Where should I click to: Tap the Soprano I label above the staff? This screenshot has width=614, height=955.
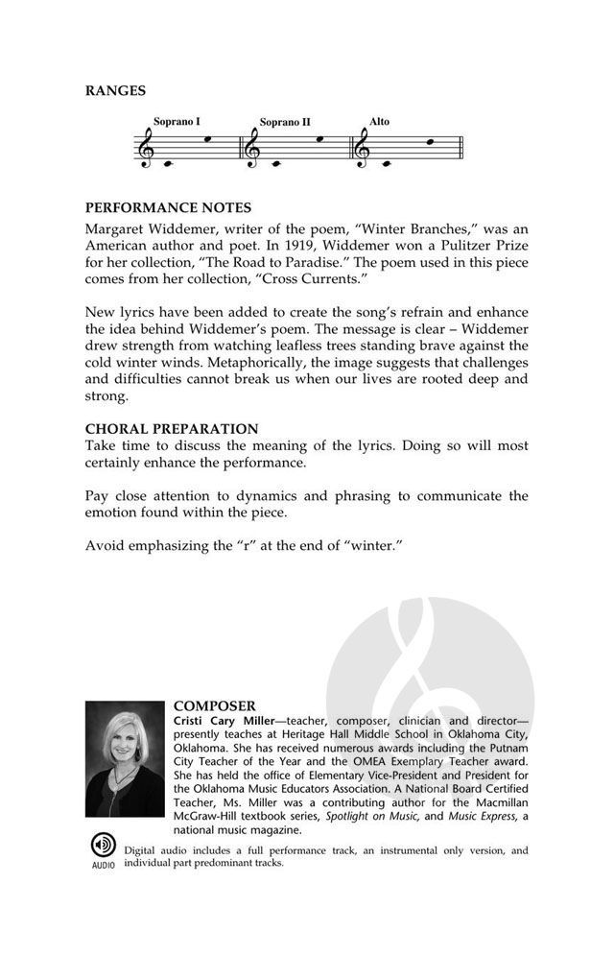click(x=177, y=122)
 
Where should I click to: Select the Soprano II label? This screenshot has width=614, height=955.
click(x=285, y=123)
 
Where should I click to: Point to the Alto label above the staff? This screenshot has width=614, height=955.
click(x=380, y=122)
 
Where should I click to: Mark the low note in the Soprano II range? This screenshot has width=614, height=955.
click(x=276, y=163)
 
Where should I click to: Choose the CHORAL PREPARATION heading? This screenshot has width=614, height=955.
click(x=172, y=428)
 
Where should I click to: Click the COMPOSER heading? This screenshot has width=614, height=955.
click(x=214, y=705)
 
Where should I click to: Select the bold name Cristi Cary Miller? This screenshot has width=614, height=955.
click(x=223, y=721)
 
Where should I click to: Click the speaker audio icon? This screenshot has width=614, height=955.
click(x=103, y=846)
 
